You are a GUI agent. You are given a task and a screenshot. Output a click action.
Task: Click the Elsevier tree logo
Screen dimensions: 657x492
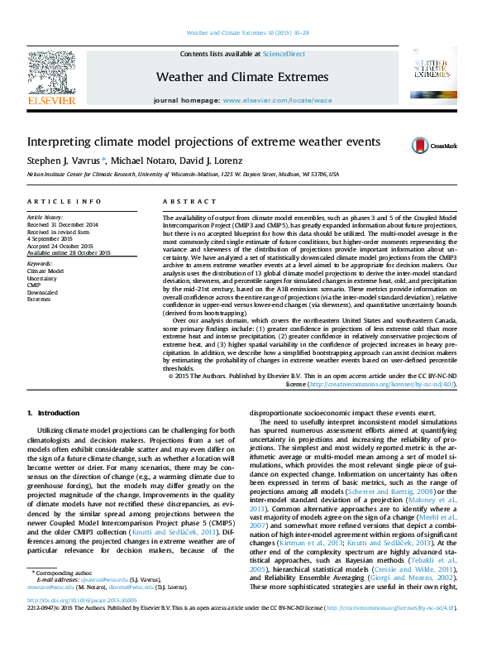coord(51,73)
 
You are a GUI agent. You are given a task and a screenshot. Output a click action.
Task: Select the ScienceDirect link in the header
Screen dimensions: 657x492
coord(284,54)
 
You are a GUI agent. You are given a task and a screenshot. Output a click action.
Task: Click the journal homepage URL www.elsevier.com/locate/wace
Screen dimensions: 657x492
coord(277,100)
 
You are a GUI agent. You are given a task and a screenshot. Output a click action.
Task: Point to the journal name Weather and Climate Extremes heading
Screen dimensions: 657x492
coord(241,77)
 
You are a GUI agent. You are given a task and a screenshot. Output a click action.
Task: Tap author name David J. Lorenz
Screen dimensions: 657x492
coord(216,160)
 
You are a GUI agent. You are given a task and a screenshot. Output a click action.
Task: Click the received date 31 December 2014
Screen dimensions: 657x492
coord(63,224)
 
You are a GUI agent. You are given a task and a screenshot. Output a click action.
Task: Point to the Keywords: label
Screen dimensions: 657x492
coord(40,263)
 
